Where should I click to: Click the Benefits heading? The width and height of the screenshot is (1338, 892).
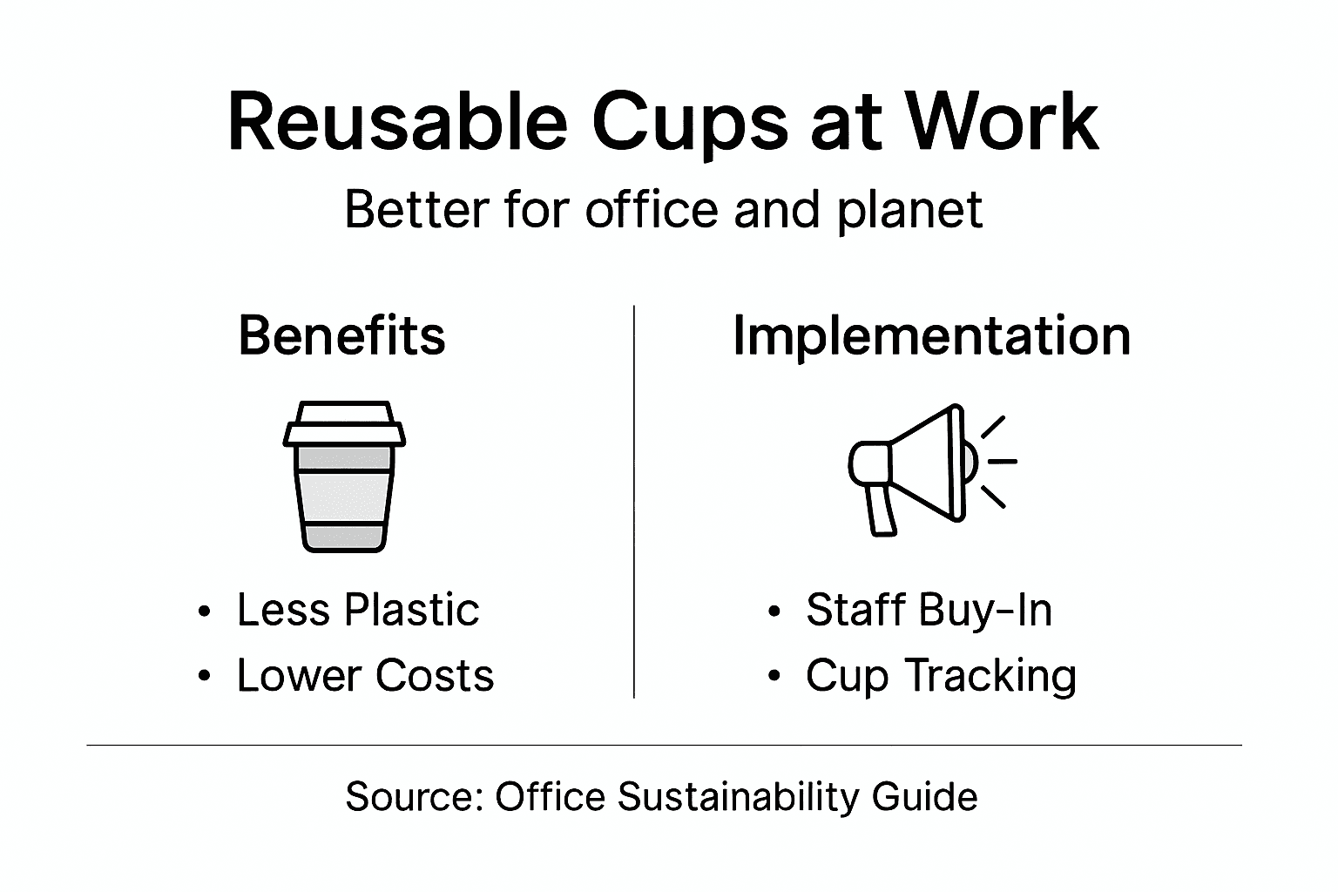(341, 335)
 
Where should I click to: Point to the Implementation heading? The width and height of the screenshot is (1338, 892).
(931, 335)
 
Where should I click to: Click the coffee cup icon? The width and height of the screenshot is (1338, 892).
(344, 476)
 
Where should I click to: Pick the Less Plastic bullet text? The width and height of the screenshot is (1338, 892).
(357, 610)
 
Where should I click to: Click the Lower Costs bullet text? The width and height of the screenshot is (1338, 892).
(365, 676)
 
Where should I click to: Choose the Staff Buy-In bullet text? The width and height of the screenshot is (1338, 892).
(929, 610)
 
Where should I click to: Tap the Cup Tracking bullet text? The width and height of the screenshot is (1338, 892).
(941, 676)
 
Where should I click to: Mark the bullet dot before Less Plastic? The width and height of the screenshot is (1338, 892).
(204, 612)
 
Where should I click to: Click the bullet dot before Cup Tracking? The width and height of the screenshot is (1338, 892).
(774, 679)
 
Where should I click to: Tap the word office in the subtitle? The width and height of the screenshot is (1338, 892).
(654, 210)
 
